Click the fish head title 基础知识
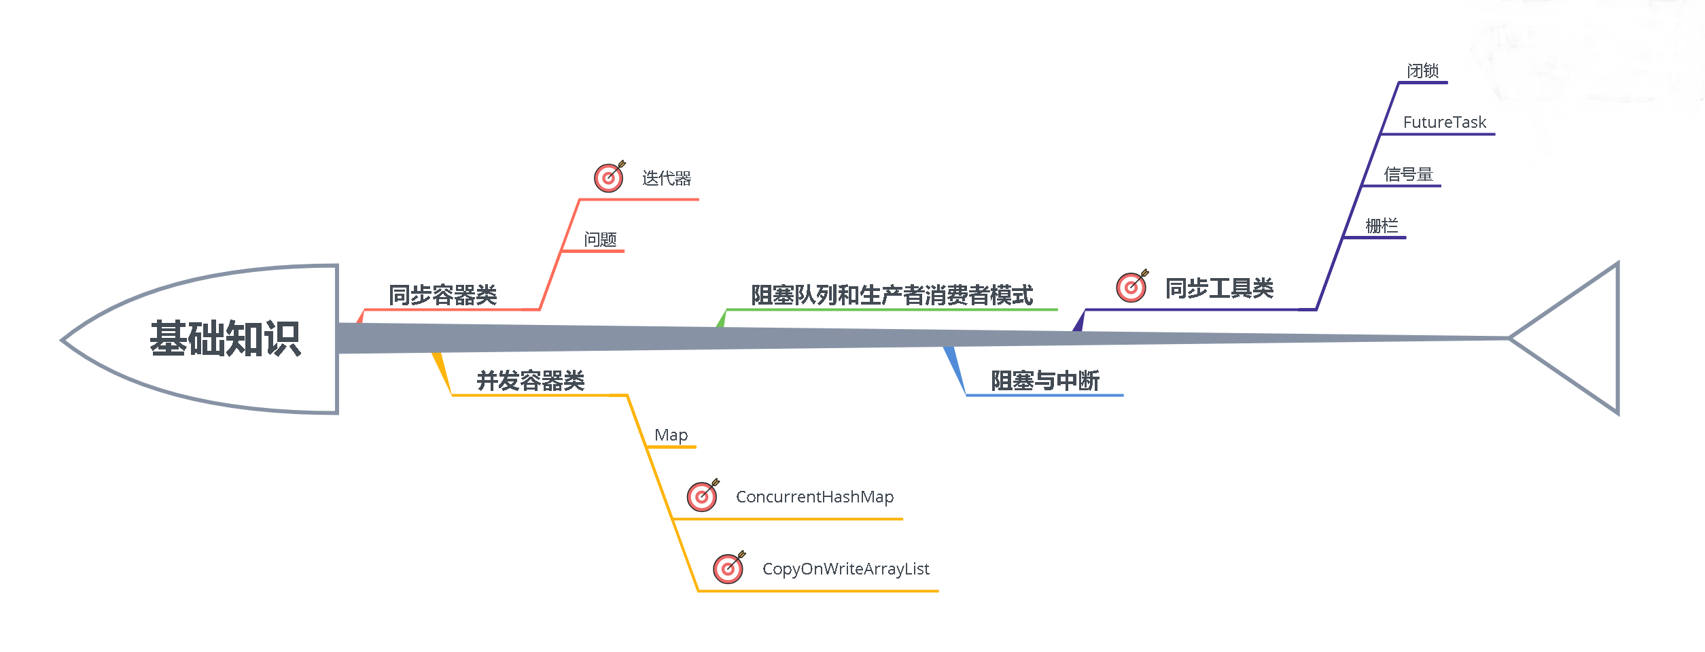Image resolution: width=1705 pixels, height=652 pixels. (x=225, y=339)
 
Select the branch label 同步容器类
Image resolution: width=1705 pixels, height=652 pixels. (x=442, y=295)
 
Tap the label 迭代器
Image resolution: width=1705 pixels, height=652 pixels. (x=666, y=178)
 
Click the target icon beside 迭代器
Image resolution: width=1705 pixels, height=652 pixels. (x=609, y=177)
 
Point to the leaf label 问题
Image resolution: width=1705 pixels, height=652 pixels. (x=600, y=239)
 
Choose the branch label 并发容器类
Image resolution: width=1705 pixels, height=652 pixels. (x=530, y=381)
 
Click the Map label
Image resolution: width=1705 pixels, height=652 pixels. (x=671, y=435)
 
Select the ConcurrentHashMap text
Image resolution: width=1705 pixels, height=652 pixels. (x=814, y=497)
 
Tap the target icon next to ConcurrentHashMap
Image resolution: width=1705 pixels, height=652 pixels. (x=702, y=496)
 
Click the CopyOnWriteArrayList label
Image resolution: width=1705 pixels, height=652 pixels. (x=845, y=569)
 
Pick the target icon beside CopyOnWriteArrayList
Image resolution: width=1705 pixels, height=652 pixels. (x=728, y=568)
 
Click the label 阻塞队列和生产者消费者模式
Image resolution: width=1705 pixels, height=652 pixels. (x=892, y=295)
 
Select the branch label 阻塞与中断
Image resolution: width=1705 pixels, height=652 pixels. (x=1044, y=381)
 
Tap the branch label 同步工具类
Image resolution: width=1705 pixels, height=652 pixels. (x=1219, y=288)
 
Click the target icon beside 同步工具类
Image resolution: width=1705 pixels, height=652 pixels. (x=1131, y=286)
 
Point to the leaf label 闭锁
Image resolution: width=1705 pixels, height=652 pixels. (x=1422, y=71)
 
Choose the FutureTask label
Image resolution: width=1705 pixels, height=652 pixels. (x=1444, y=122)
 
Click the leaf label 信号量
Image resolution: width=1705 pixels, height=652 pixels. (x=1408, y=175)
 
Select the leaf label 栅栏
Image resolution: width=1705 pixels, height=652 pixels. (x=1382, y=226)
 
